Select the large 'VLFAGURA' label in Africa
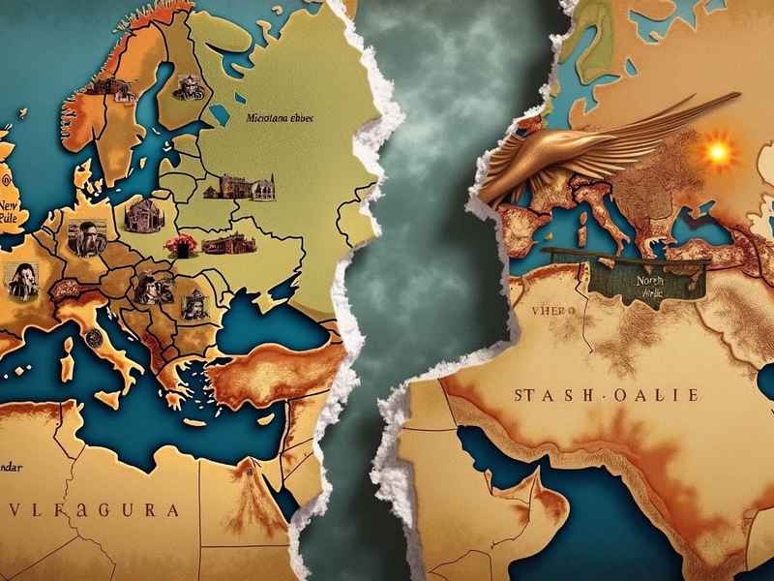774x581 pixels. coord(93,509)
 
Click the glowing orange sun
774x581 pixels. coord(717,152)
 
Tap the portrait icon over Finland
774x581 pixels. coord(187,89)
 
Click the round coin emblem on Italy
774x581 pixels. coord(95,336)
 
